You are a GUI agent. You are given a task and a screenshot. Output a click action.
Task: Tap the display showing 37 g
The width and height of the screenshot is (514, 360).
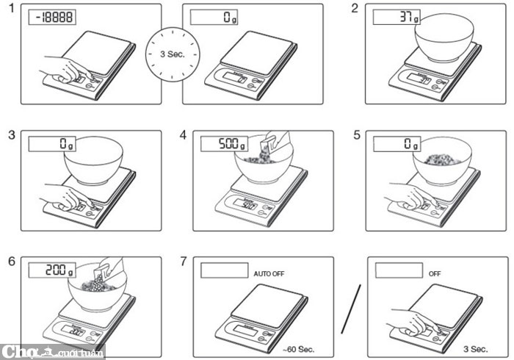pyautogui.click(x=397, y=17)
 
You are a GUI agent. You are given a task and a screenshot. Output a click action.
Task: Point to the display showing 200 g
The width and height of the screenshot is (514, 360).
pyautogui.click(x=52, y=270)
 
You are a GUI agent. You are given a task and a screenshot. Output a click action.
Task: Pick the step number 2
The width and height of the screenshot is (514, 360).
pyautogui.click(x=355, y=9)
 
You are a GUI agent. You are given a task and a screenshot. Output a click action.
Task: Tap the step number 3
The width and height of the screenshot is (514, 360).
pyautogui.click(x=10, y=135)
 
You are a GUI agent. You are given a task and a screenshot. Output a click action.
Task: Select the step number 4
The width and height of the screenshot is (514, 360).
pyautogui.click(x=184, y=135)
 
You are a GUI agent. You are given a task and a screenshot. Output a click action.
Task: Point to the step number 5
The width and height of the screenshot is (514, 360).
pyautogui.click(x=356, y=135)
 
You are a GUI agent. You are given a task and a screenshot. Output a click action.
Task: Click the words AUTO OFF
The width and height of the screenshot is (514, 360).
pyautogui.click(x=269, y=273)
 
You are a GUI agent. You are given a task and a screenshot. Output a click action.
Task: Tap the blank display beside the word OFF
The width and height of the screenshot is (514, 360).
pyautogui.click(x=399, y=270)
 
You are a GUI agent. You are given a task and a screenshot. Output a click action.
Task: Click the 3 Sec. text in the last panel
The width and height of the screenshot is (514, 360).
pyautogui.click(x=475, y=348)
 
